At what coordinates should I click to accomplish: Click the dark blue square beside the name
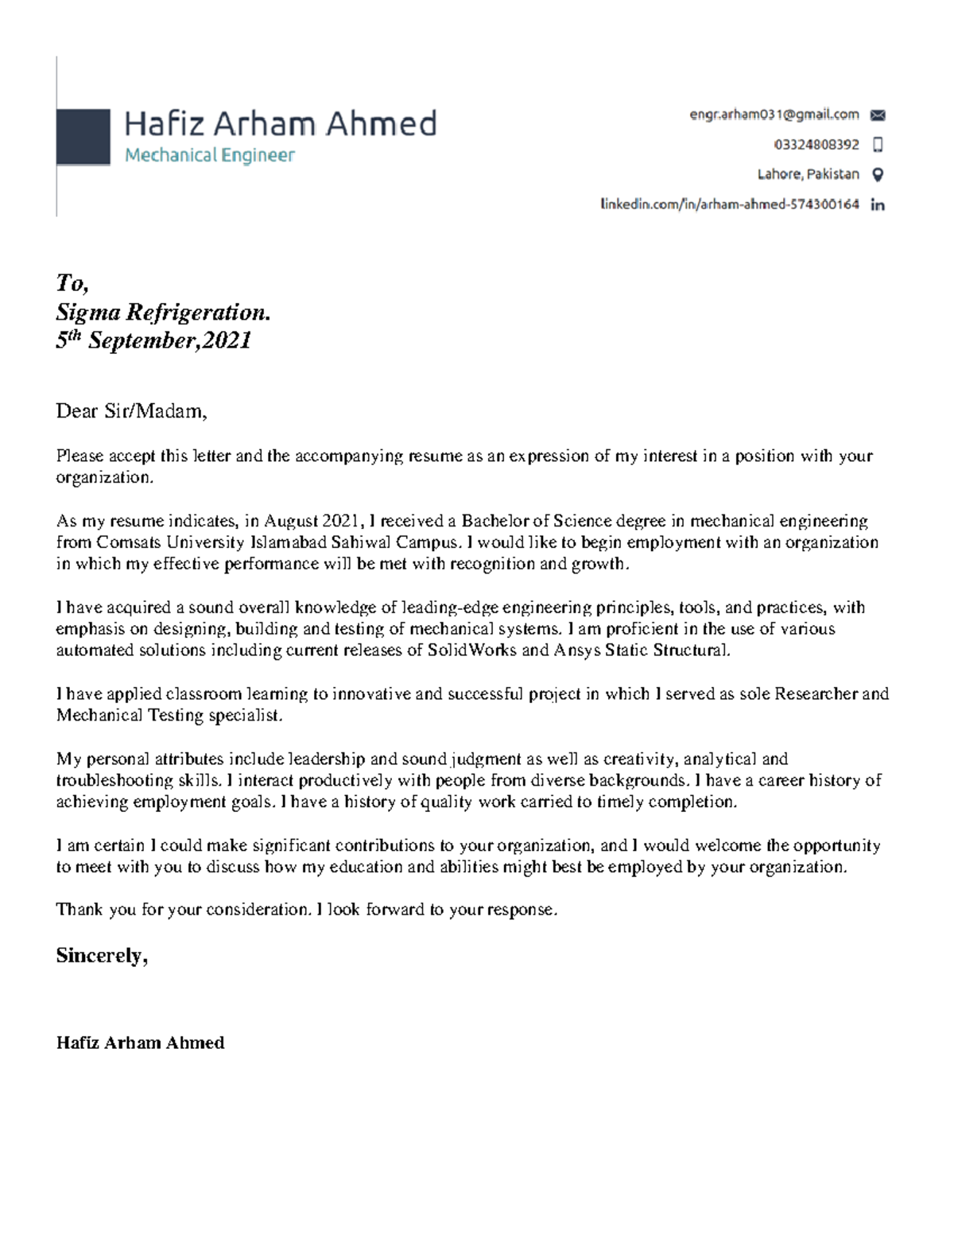tap(83, 137)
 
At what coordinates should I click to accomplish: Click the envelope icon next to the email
tap(878, 115)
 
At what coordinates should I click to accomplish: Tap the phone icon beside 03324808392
tap(878, 145)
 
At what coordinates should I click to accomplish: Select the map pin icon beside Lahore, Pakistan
tap(878, 175)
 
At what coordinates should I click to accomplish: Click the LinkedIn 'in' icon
tap(878, 205)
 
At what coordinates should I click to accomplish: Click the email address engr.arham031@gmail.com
tap(774, 115)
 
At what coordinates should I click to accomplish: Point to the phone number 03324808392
tap(816, 145)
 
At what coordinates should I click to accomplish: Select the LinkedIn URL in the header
tap(729, 204)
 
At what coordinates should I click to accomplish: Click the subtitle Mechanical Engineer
tap(209, 155)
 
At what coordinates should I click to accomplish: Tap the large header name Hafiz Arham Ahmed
tap(280, 124)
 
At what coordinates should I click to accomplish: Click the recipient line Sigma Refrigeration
tap(163, 313)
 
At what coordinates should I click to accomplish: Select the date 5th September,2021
tap(153, 341)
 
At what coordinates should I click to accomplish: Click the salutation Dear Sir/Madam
tap(131, 411)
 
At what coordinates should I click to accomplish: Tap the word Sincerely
tap(101, 956)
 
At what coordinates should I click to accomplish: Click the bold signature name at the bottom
tap(140, 1043)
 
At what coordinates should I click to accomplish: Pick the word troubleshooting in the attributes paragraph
tap(111, 781)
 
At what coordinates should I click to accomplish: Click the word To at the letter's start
tap(71, 283)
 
